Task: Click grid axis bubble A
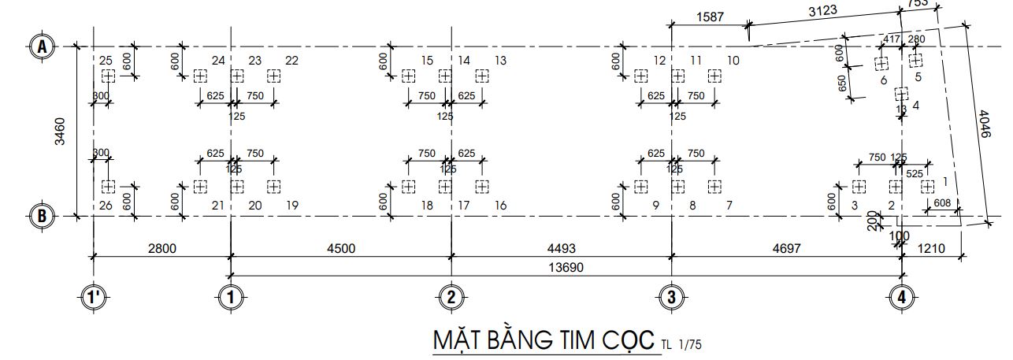pos(42,47)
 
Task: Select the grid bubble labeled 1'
pos(95,298)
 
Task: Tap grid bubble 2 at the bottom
pos(451,298)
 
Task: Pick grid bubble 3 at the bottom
pos(671,298)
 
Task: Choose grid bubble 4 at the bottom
pos(901,298)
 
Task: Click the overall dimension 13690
pos(566,267)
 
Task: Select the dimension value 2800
pos(161,248)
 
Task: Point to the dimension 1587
pos(711,18)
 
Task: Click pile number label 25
pos(106,61)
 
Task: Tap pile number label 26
pos(106,206)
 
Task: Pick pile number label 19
pos(292,206)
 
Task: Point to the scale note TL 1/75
pos(681,343)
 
